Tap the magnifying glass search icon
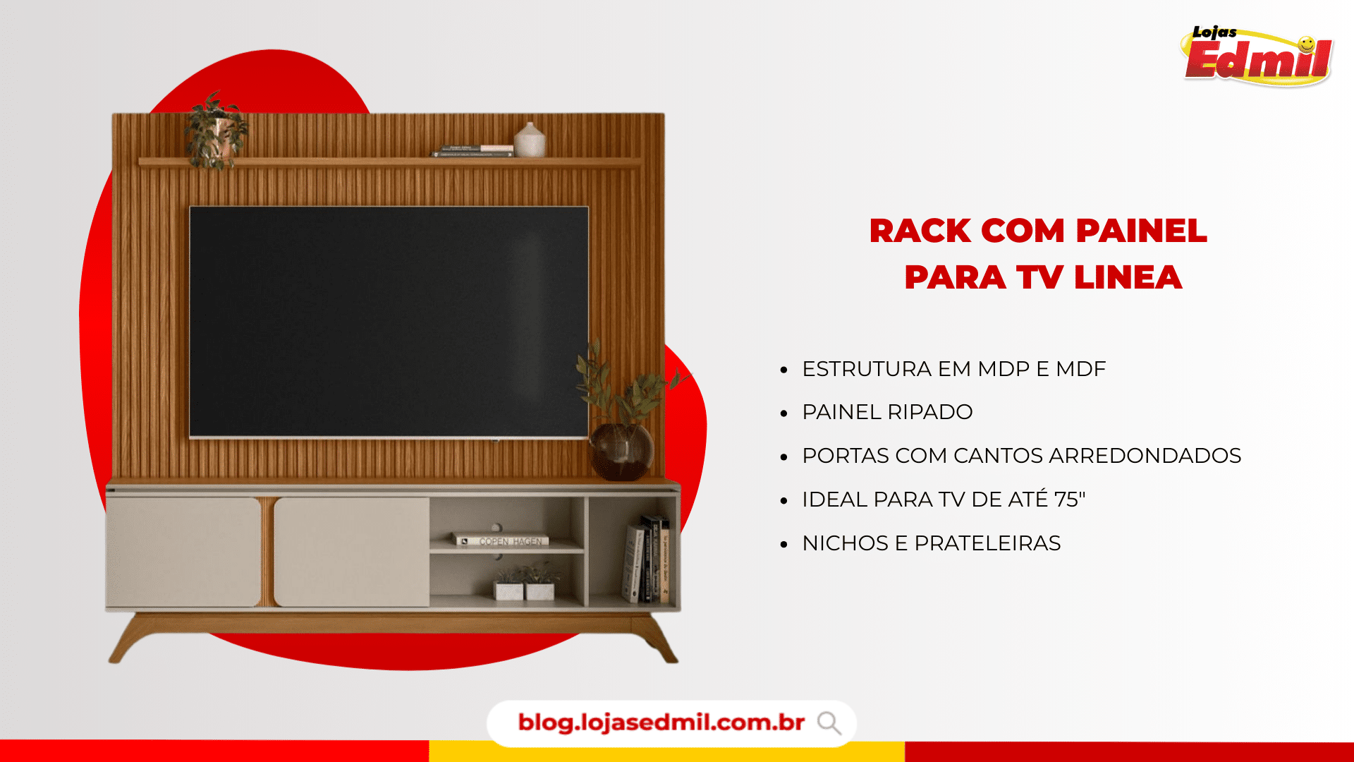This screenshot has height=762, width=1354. point(829,723)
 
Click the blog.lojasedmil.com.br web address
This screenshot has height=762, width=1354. point(661,722)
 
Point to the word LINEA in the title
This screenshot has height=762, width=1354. point(1128,277)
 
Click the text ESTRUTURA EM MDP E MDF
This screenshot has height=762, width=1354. point(954,369)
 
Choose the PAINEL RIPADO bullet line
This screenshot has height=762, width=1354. point(887,412)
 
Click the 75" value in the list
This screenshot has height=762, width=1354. point(1070,499)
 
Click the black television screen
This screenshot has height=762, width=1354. point(389,322)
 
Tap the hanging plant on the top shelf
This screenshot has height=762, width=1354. point(216,131)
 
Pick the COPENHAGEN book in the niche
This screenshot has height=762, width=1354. point(501,540)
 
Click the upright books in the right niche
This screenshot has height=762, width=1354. point(646,560)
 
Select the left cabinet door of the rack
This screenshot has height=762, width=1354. point(183,552)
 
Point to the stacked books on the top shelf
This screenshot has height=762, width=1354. point(472,150)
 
